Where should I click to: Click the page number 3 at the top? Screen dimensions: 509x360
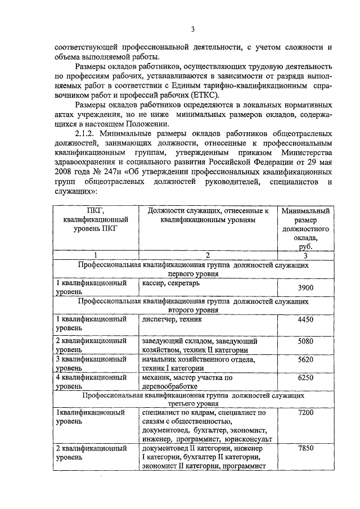[192, 29]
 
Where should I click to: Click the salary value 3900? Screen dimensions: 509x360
[305, 288]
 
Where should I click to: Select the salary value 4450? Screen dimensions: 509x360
[305, 319]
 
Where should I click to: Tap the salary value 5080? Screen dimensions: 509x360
[305, 341]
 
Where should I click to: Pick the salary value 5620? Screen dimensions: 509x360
[305, 359]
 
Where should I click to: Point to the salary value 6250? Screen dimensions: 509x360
[305, 378]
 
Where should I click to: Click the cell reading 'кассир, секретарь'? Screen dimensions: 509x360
[170, 283]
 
